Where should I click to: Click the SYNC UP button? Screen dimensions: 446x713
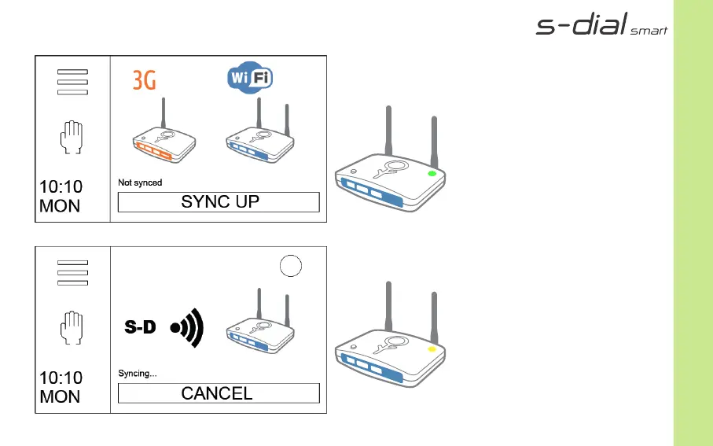219,201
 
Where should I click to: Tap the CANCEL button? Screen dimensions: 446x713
219,393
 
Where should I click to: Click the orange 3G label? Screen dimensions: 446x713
144,79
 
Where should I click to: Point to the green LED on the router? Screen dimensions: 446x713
431,172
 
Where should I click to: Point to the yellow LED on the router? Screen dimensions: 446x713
431,348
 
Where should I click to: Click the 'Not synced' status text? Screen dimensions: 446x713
140,182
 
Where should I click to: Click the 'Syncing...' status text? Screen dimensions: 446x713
137,374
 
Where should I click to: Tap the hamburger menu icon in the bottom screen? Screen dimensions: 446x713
72,273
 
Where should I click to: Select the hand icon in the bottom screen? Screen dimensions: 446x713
72,327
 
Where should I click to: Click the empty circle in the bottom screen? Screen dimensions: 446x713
291,267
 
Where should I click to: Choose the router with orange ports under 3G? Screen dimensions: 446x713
163,142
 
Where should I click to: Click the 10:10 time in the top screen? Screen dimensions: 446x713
61,187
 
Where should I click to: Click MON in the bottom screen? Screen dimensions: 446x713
60,397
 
